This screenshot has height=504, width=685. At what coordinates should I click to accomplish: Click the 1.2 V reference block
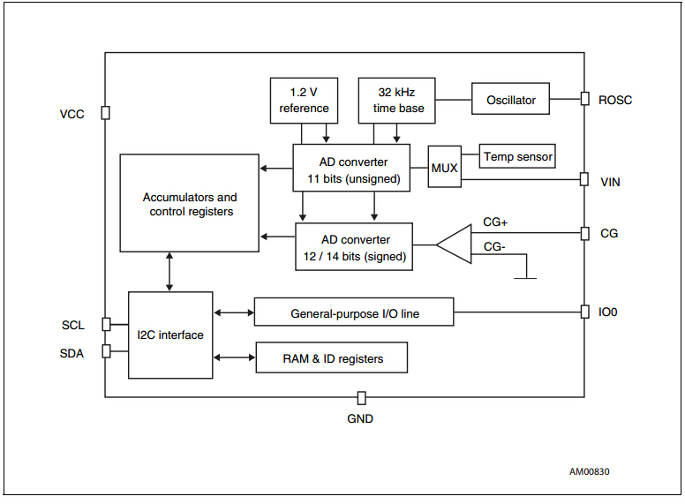pos(304,100)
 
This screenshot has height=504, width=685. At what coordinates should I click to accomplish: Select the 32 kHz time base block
pos(396,100)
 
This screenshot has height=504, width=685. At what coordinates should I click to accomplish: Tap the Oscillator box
pos(510,100)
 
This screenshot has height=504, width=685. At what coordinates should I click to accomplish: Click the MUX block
pos(444,168)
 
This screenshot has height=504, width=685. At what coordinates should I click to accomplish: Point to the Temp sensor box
pos(517,157)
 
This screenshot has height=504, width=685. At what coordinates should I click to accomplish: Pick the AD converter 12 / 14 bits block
pos(353,247)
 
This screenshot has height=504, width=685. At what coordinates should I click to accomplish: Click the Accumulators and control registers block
pos(190,205)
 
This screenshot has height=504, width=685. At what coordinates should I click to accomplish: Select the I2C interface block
pos(170,335)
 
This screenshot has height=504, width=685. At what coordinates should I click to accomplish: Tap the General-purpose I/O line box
pos(354,312)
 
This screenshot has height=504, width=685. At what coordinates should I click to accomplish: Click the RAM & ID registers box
pos(332,357)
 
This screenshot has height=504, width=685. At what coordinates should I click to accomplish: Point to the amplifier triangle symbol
pos(453,244)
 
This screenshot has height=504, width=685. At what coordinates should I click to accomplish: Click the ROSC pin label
pos(615,100)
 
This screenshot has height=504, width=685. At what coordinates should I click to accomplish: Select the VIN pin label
pos(610,182)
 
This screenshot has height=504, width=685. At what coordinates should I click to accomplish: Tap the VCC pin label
pos(72,114)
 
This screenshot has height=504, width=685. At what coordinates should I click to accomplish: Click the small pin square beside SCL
pos(106,324)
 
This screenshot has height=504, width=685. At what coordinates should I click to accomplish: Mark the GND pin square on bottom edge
pos(360,398)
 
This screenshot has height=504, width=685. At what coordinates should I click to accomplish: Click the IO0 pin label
pos(610,312)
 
